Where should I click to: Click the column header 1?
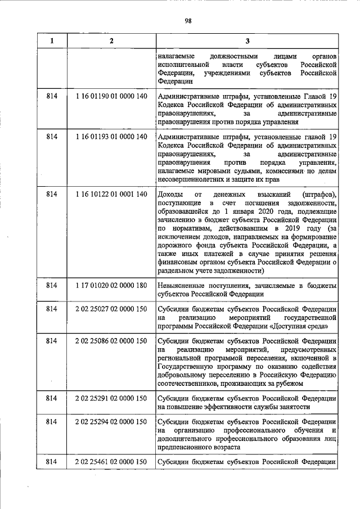pyautogui.click(x=52, y=40)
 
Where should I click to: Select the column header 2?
pyautogui.click(x=111, y=40)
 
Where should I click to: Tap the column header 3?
pyautogui.click(x=247, y=40)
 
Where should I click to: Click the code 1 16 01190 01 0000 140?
pyautogui.click(x=111, y=96)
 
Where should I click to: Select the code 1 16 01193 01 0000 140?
pyautogui.click(x=111, y=137)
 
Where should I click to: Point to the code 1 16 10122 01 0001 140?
pyautogui.click(x=111, y=194)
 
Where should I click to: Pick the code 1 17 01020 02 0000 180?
pyautogui.click(x=111, y=286)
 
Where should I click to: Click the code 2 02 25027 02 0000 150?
pyautogui.click(x=111, y=309)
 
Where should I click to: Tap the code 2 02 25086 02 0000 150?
pyautogui.click(x=111, y=341)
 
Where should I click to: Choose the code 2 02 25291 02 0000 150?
pyautogui.click(x=111, y=399)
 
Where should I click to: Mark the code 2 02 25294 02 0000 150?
pyautogui.click(x=111, y=422)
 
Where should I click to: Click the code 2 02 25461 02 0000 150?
pyautogui.click(x=111, y=462)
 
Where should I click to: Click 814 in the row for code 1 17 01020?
pyautogui.click(x=52, y=286)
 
